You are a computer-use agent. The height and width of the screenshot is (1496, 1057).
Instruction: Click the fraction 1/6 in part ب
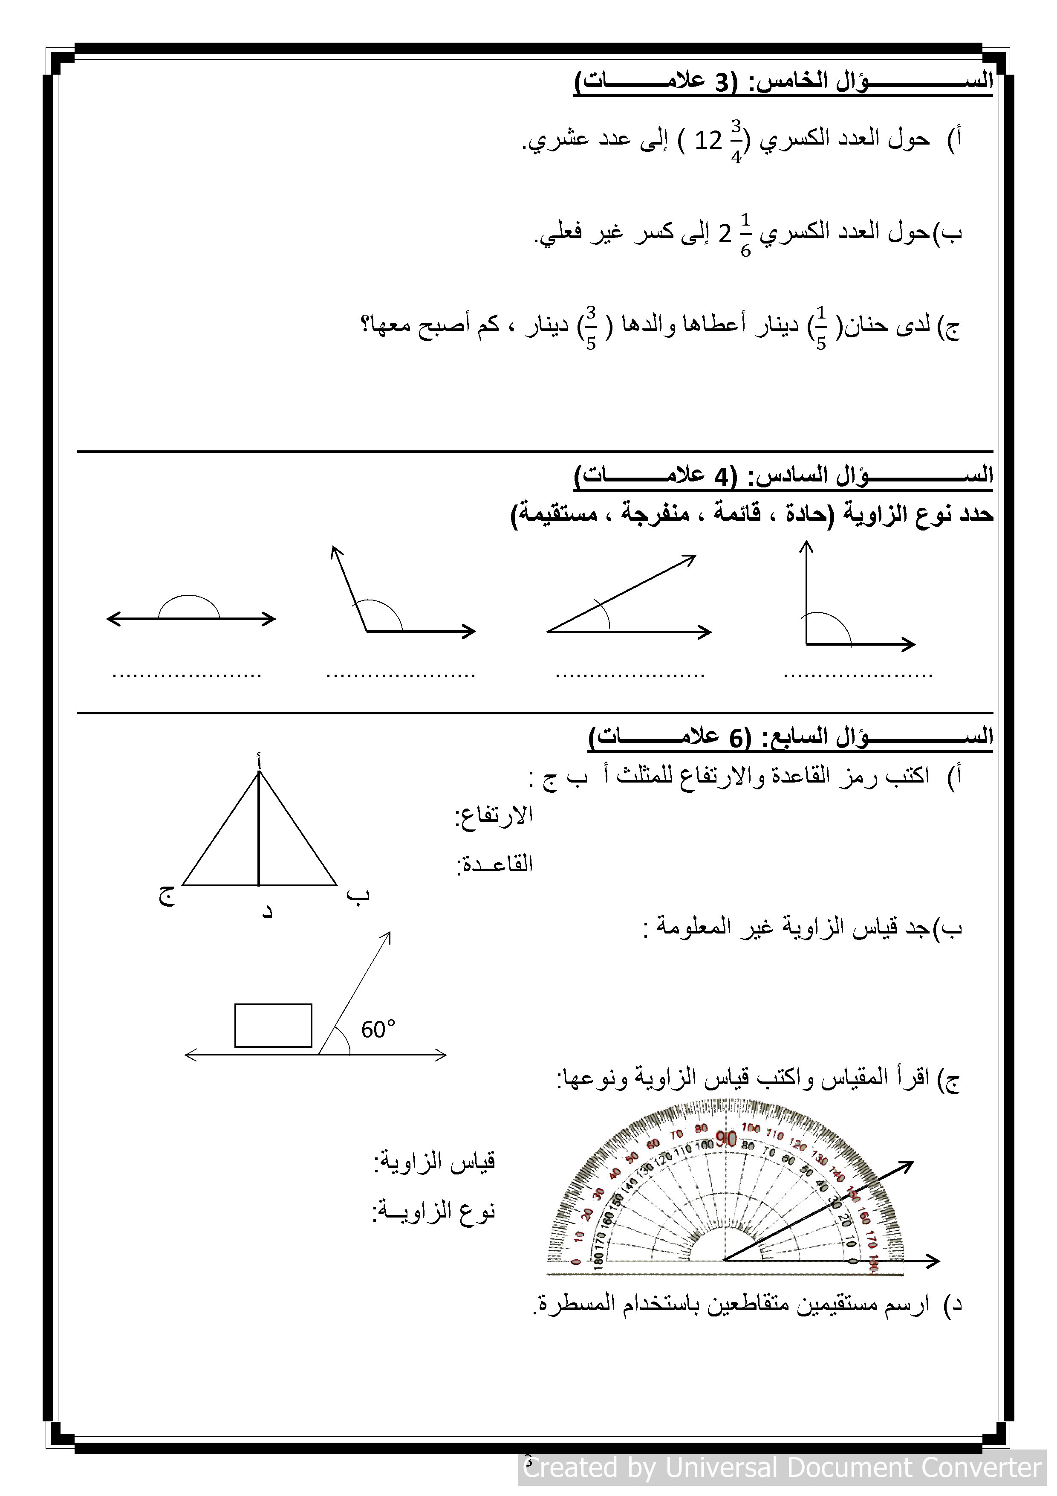pyautogui.click(x=746, y=235)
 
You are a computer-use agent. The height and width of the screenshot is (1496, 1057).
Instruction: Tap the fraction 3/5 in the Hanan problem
pyautogui.click(x=591, y=328)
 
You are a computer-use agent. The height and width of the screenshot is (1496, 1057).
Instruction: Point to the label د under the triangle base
pyautogui.click(x=266, y=911)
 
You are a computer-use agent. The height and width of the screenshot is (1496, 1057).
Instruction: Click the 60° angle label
pyautogui.click(x=378, y=1029)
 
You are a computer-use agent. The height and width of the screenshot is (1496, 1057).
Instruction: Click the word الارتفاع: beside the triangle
pyautogui.click(x=494, y=815)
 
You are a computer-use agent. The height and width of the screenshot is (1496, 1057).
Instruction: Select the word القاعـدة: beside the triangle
pyautogui.click(x=494, y=864)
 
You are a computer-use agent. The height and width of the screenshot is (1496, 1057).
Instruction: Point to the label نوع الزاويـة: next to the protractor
pyautogui.click(x=434, y=1211)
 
